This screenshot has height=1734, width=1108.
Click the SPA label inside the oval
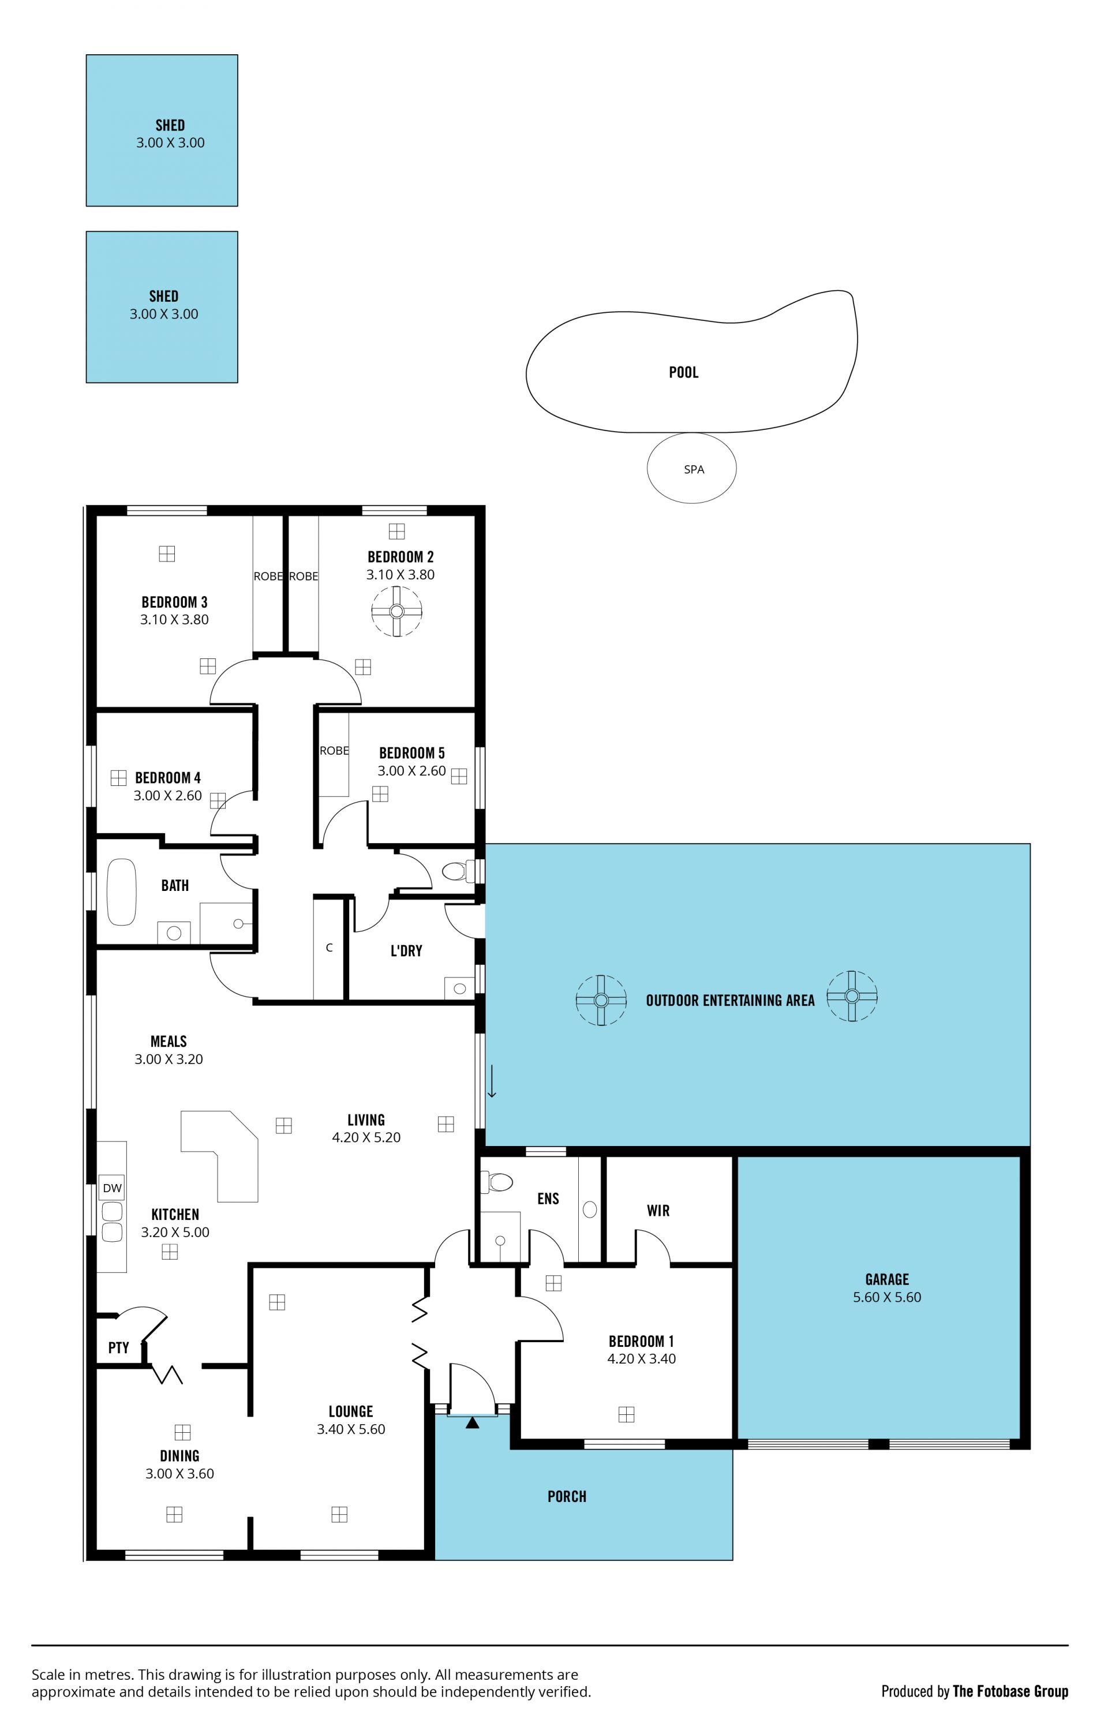[694, 470]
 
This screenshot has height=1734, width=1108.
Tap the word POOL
[683, 372]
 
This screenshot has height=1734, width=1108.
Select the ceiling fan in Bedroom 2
[396, 611]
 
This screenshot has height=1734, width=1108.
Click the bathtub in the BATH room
[122, 892]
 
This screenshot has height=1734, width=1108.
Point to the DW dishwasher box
[113, 1188]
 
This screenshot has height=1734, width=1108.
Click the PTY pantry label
[119, 1347]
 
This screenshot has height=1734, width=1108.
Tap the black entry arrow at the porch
[472, 1422]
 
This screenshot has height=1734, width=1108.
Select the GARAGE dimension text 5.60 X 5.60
[887, 1297]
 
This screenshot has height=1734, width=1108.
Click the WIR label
[658, 1211]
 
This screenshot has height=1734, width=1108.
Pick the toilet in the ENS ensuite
[497, 1182]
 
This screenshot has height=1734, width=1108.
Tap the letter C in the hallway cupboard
[329, 947]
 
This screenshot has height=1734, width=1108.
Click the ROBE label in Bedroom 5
[334, 750]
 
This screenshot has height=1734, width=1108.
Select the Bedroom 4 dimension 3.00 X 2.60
[168, 796]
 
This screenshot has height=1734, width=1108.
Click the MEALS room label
[169, 1041]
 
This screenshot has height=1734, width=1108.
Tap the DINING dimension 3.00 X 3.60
[180, 1473]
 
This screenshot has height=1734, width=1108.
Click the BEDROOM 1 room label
[642, 1341]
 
